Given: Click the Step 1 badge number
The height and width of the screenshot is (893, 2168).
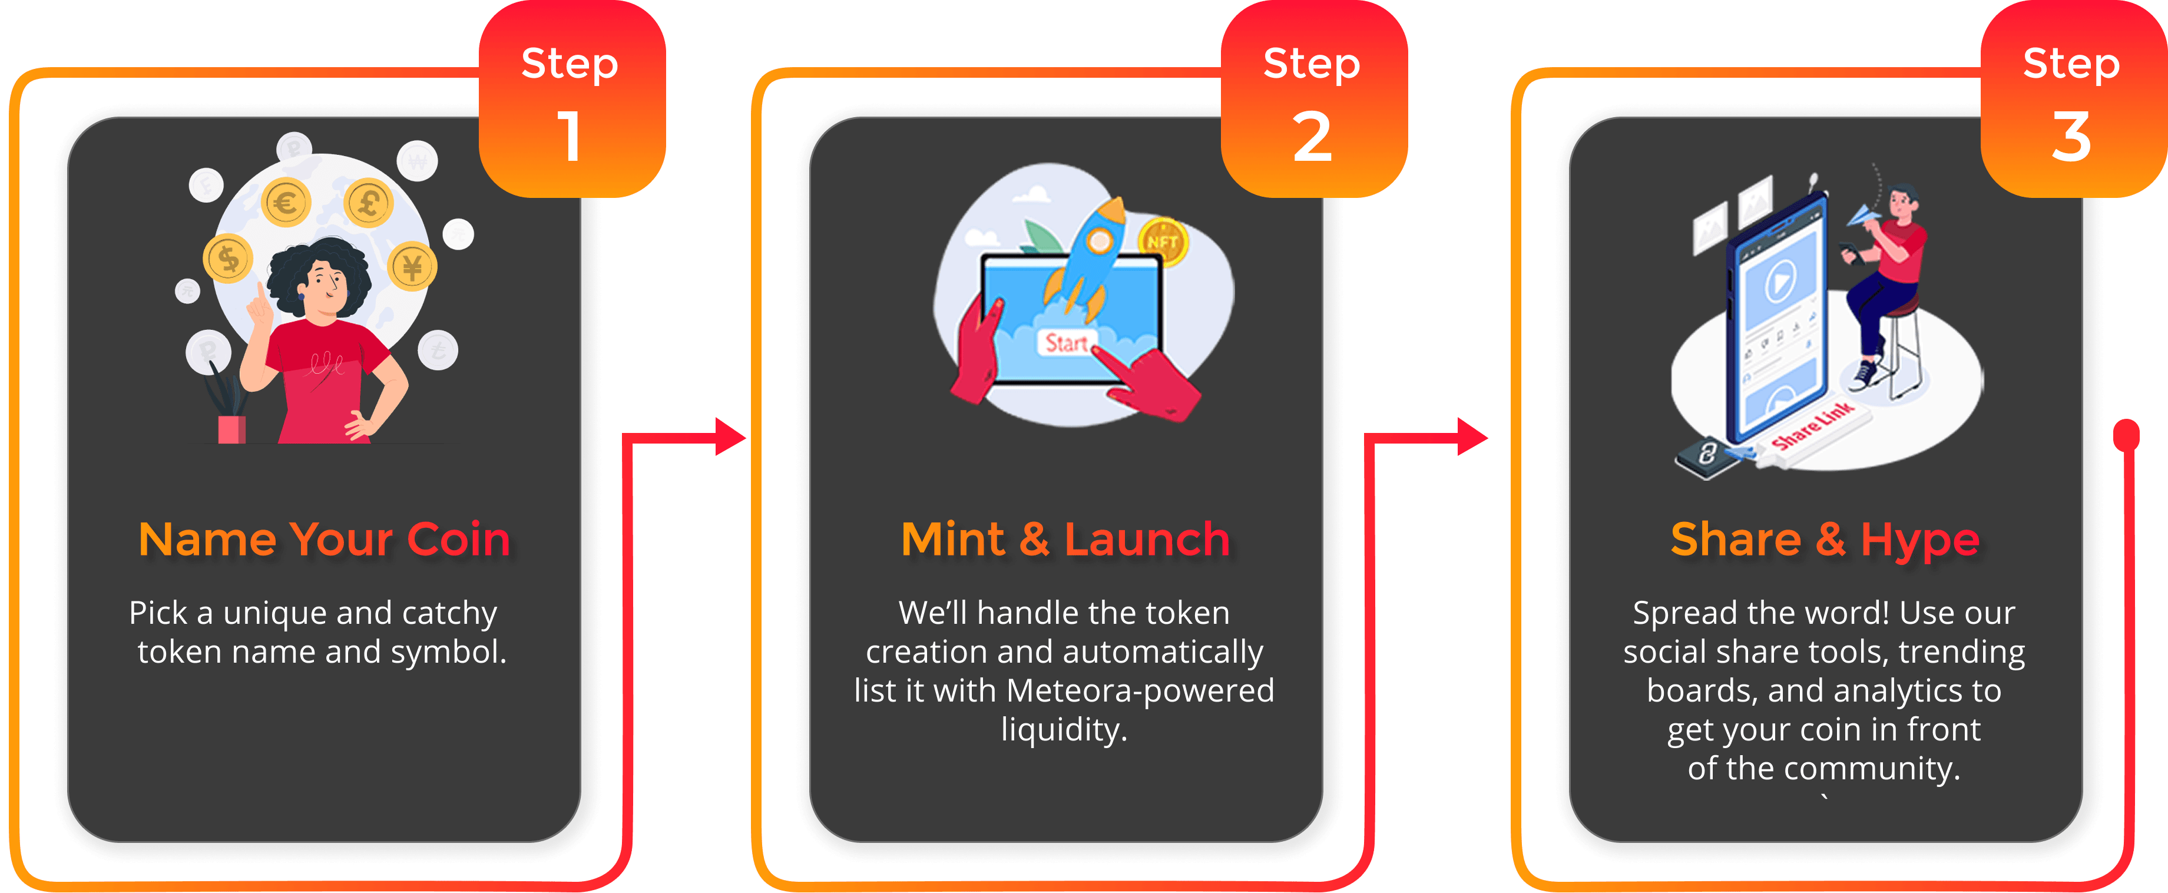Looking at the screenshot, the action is [x=570, y=136].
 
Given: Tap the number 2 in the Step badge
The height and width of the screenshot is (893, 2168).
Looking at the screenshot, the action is [x=1312, y=136].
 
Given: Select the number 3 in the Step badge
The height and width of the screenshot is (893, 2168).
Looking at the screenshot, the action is [x=2071, y=136].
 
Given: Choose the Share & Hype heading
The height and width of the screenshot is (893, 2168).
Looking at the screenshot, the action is [x=1825, y=540].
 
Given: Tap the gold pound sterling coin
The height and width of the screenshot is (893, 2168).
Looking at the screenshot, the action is [x=368, y=203].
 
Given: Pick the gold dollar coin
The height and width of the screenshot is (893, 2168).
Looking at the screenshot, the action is [x=228, y=259].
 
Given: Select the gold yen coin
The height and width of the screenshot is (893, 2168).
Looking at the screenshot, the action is [x=412, y=267].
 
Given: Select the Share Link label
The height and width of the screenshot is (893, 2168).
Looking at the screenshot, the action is [x=1812, y=426].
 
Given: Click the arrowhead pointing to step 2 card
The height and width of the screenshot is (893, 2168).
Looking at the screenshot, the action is [x=730, y=437].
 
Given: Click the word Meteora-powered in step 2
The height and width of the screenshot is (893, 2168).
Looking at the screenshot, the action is [x=1140, y=690].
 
